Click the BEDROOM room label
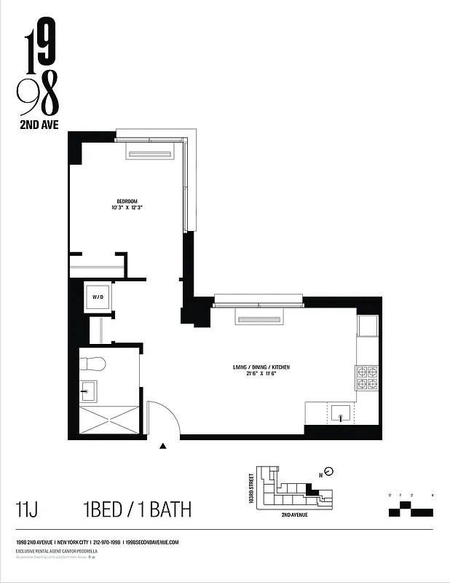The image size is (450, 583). [x=127, y=201]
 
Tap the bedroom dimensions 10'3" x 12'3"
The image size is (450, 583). [x=127, y=208]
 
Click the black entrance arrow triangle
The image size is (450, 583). [x=164, y=447]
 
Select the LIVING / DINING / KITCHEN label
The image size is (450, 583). [x=256, y=367]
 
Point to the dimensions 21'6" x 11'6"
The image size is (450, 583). [x=256, y=375]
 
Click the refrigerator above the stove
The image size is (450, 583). [x=367, y=326]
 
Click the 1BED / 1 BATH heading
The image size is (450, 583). [x=138, y=509]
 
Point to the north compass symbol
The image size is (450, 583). [x=328, y=471]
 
